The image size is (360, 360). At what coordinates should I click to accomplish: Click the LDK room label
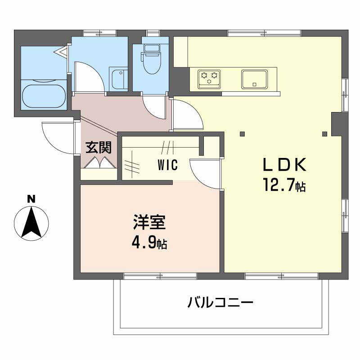pos(284,164)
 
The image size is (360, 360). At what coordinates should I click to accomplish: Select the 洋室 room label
pos(149,222)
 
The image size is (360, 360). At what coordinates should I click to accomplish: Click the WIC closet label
pos(168,165)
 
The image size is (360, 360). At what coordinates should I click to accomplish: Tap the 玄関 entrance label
pos(99,147)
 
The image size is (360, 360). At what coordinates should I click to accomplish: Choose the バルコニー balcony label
pos(220,302)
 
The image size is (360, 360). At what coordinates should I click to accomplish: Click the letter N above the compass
pos(31,199)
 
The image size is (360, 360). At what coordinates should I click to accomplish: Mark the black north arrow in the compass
pos(31,222)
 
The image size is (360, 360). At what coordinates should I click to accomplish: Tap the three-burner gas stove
pos(209,79)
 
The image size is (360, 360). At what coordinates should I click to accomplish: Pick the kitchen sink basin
pos(254,79)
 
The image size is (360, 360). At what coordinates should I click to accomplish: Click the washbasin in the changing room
pos(118,79)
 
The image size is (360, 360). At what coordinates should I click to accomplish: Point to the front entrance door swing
pos(58,138)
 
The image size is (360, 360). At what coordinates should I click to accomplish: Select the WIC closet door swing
pos(205,174)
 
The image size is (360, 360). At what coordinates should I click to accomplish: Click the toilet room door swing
pos(153,107)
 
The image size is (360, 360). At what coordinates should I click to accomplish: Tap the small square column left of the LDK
pos(242,134)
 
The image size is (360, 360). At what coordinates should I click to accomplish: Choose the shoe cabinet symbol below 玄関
pos(99,163)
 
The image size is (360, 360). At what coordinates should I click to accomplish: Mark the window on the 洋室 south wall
pos(160,276)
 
